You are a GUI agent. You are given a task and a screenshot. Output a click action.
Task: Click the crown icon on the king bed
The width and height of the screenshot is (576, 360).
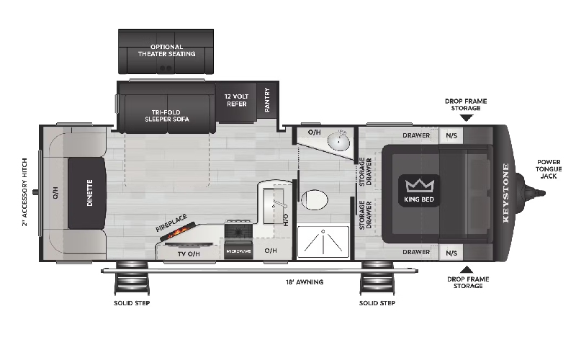coord(417,184)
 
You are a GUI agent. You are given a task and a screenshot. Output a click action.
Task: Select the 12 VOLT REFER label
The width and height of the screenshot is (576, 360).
coord(235,100)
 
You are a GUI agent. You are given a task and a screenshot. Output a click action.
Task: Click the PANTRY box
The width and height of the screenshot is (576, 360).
coord(267,100)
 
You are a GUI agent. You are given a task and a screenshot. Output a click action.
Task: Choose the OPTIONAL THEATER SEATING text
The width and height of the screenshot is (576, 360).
coord(166,50)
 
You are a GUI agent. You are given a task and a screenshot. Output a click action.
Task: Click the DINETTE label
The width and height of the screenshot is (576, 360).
coord(91,193)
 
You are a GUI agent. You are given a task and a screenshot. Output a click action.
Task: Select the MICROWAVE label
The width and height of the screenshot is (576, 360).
coord(238,251)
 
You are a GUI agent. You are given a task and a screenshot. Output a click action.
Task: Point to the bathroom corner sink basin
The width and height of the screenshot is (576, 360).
coord(338,142)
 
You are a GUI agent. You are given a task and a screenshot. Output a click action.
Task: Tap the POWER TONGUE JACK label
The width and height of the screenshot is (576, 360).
coord(552,171)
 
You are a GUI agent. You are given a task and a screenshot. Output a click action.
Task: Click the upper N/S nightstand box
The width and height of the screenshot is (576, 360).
coord(451,135)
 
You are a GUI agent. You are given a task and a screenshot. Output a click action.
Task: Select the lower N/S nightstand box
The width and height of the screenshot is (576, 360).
coord(451,252)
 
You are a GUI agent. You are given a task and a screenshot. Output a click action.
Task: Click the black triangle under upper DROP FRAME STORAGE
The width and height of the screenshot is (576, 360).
coord(466,118)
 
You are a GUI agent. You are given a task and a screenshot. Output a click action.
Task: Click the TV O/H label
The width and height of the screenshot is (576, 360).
coord(189,253)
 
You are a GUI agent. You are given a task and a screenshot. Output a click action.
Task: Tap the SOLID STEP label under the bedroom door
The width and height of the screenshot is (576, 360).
coord(377,303)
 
